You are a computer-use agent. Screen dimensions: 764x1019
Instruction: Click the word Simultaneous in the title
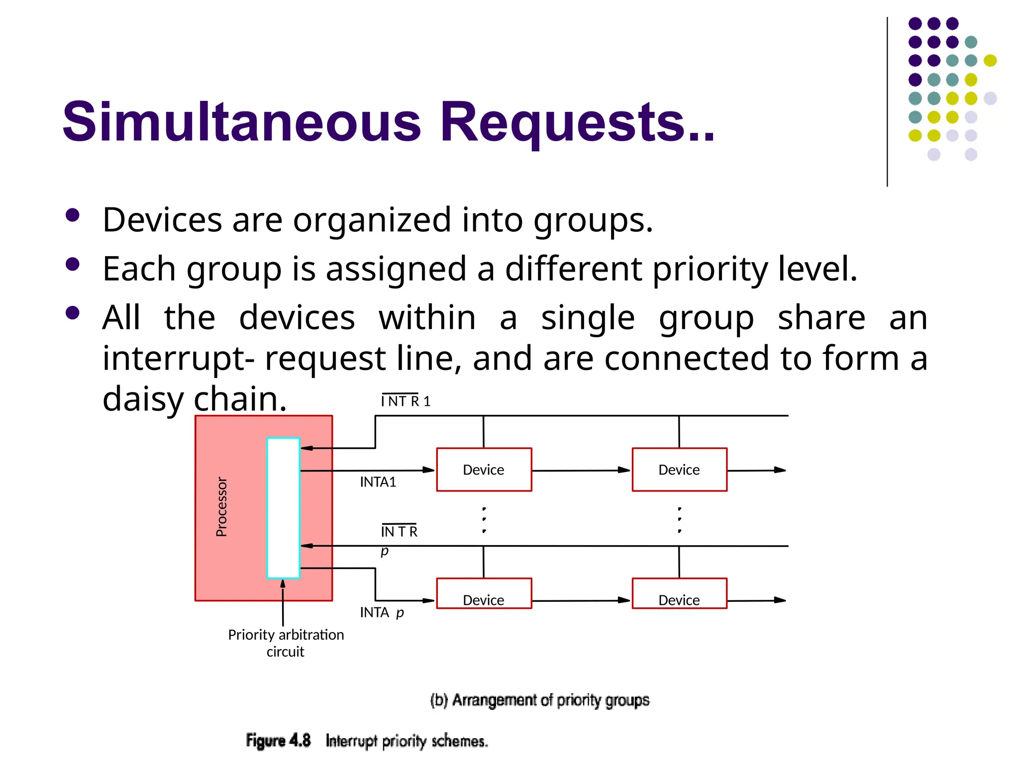click(242, 122)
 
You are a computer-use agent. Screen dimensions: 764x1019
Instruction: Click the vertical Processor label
click(221, 507)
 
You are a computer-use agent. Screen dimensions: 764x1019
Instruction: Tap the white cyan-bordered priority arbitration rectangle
click(283, 507)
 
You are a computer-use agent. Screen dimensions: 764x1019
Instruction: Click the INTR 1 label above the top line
click(406, 401)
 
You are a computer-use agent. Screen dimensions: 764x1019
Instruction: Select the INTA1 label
click(378, 482)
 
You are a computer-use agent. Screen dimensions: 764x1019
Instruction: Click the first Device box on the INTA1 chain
click(484, 470)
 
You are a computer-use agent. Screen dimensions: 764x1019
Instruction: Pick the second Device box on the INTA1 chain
click(679, 470)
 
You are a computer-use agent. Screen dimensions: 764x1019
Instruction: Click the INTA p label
click(382, 612)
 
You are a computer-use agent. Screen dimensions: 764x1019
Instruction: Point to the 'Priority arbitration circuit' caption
click(286, 643)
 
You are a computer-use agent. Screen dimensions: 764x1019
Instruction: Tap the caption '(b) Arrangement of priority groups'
click(540, 700)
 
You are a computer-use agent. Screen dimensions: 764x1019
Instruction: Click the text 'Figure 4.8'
click(278, 740)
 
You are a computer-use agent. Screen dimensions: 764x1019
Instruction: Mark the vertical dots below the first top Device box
click(484, 520)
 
